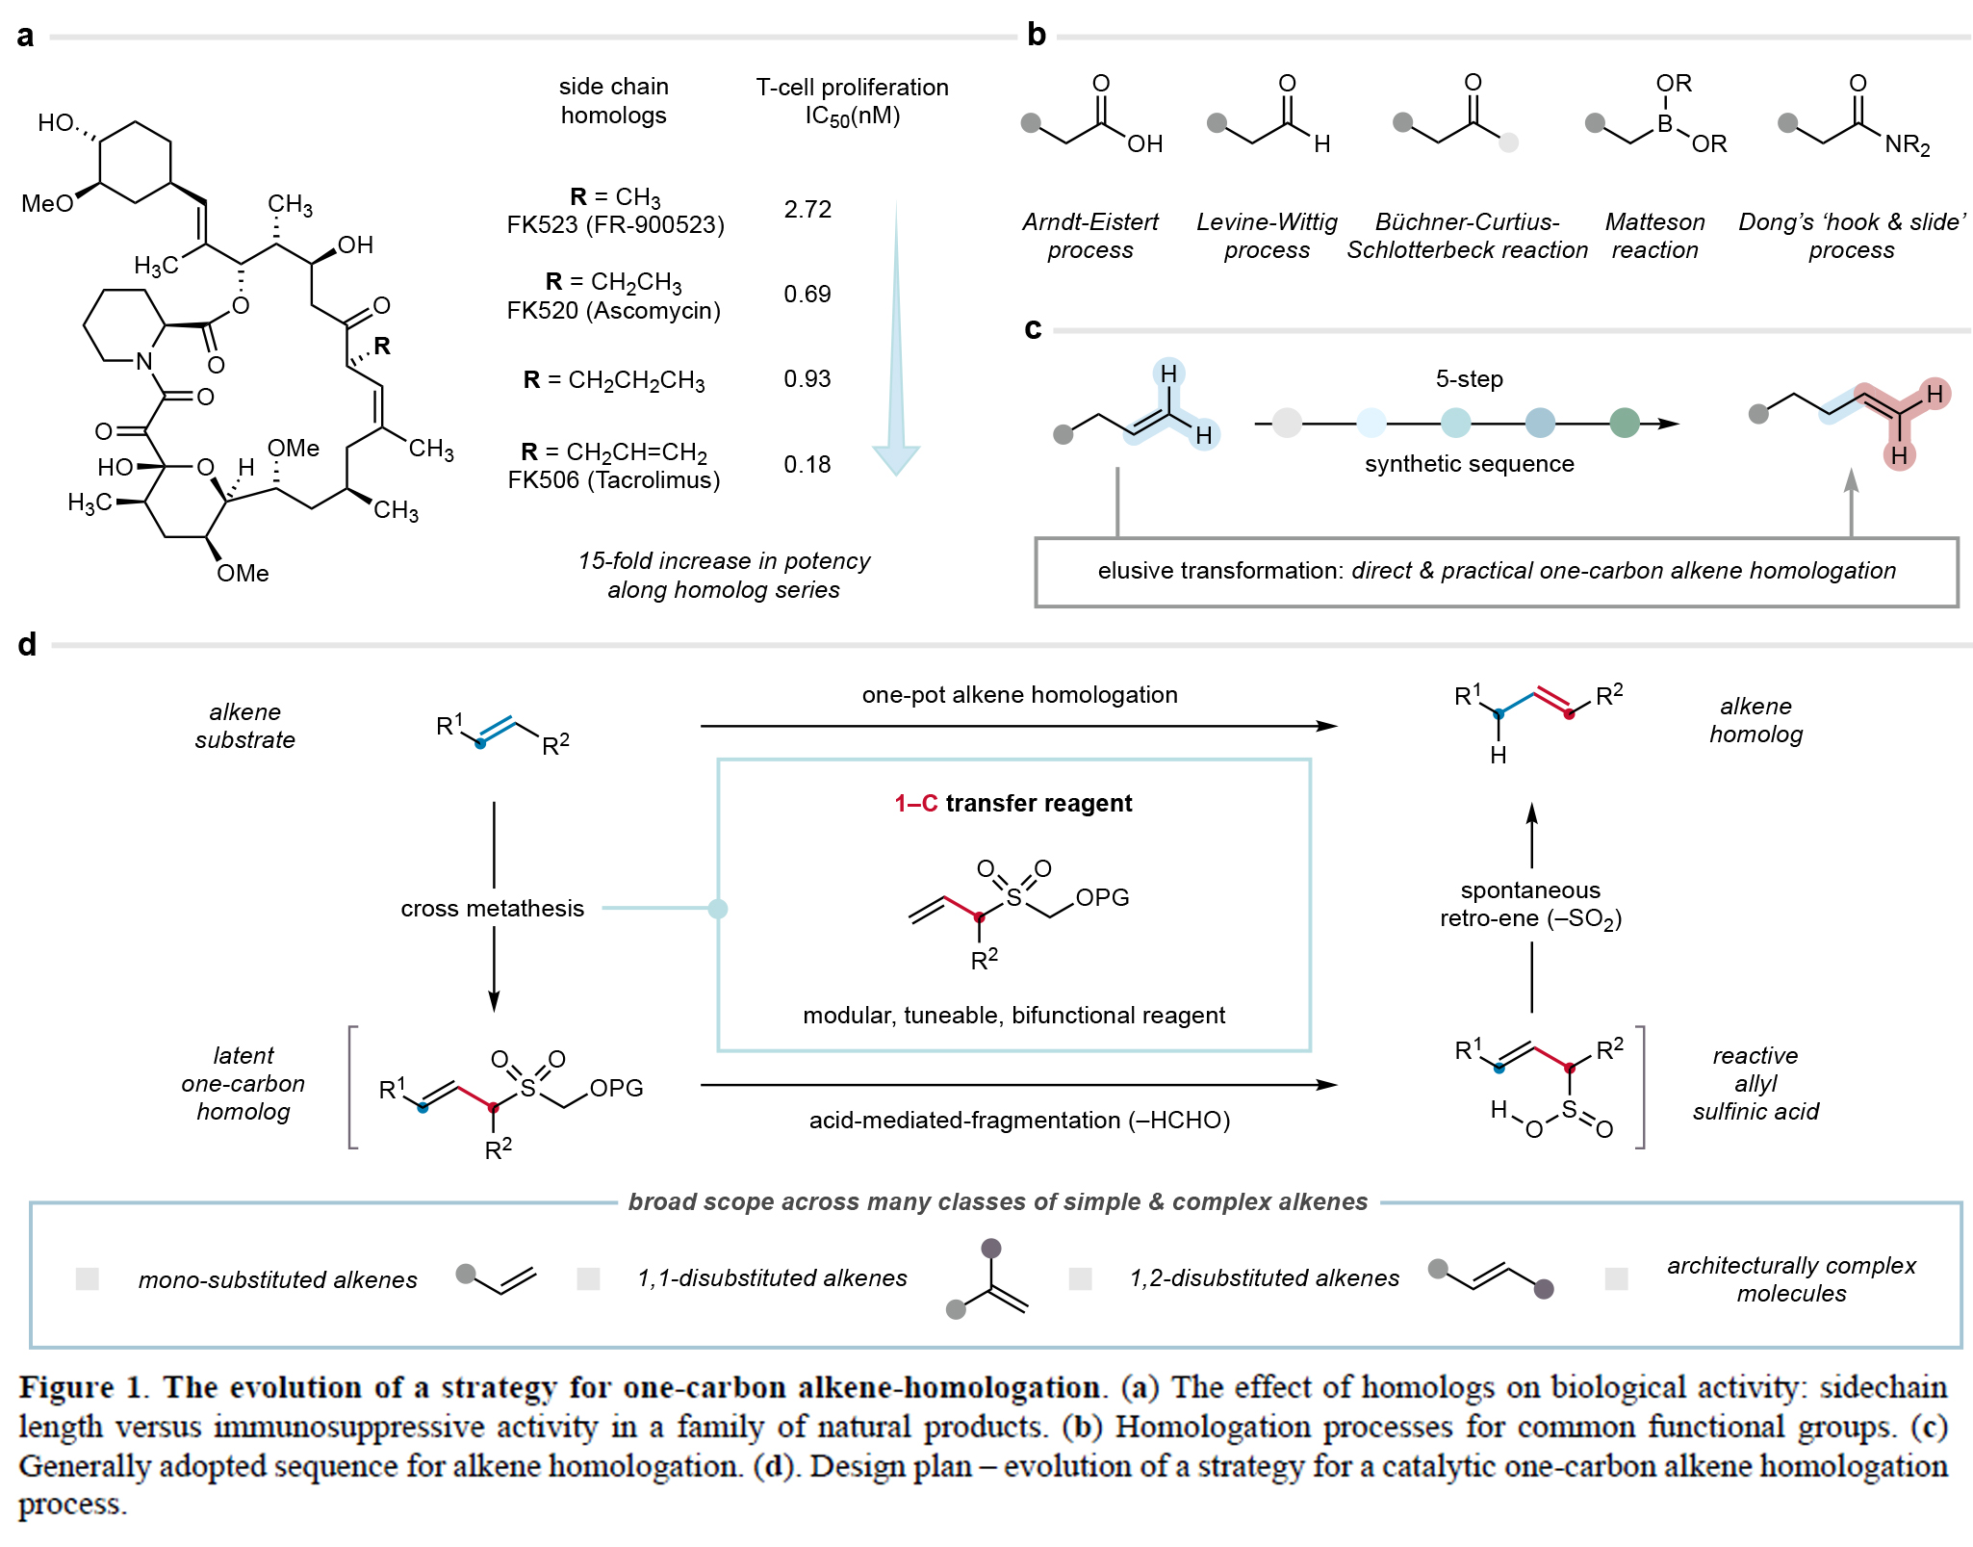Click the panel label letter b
coord(1037,35)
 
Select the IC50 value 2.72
coord(807,209)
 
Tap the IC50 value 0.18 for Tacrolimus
coord(807,464)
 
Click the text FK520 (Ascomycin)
coord(613,311)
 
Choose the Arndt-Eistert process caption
coord(1090,236)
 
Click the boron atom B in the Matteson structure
coord(1664,123)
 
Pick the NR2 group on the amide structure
coord(1907,145)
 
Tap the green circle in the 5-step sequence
coord(1625,423)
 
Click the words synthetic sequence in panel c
coord(1469,464)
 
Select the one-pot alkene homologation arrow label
coord(1019,695)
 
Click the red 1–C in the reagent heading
coord(915,803)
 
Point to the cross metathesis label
coord(492,909)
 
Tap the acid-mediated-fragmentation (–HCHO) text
coord(1019,1121)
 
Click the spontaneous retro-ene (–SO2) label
coord(1530,904)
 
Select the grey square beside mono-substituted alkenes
coord(88,1278)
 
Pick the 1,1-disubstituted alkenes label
coord(772,1278)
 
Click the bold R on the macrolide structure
coord(382,346)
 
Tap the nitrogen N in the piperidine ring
coord(144,361)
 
